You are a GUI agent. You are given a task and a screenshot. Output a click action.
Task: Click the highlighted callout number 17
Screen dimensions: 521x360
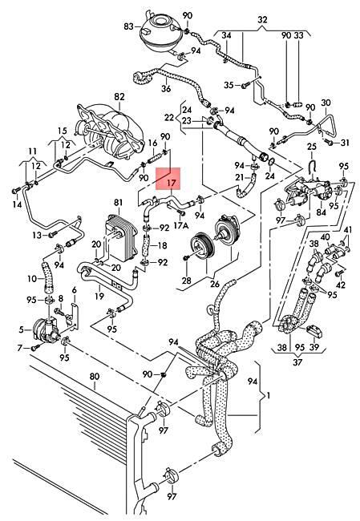pyautogui.click(x=171, y=182)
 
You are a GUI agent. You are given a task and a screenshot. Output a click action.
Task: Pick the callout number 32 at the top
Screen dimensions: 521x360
pyautogui.click(x=262, y=18)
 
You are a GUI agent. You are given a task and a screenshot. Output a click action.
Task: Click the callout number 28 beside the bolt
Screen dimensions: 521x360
pyautogui.click(x=186, y=280)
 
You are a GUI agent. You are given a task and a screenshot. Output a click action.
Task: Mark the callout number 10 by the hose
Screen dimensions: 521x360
pyautogui.click(x=33, y=278)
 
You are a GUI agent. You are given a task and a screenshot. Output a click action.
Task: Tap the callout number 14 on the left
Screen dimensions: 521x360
pyautogui.click(x=16, y=206)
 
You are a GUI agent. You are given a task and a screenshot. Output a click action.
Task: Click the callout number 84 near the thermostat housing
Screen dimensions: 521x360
pyautogui.click(x=321, y=212)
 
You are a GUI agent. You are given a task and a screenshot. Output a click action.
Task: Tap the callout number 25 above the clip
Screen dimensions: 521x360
pyautogui.click(x=312, y=147)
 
